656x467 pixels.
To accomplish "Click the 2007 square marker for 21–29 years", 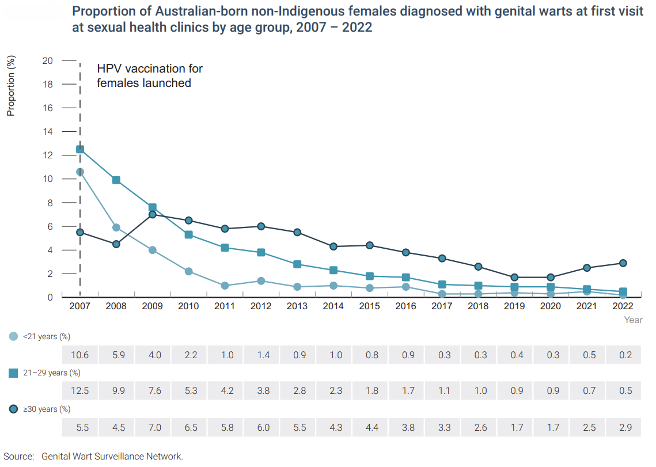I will [80, 149].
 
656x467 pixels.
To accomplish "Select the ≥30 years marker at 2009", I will [153, 214].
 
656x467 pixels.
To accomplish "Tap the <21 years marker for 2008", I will [116, 227].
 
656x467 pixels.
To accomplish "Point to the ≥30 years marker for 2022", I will [623, 263].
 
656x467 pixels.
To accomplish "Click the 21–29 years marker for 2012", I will [261, 252].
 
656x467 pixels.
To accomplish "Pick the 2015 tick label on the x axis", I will [369, 306].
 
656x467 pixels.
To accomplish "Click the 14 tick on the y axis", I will [48, 132].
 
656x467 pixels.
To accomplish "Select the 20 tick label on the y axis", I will [48, 60].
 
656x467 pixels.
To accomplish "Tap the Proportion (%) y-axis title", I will [11, 85].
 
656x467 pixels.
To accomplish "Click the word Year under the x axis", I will [633, 320].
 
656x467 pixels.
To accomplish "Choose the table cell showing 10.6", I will [80, 355].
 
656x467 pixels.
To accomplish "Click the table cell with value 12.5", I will [80, 391].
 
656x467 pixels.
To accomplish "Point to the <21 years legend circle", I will [14, 336].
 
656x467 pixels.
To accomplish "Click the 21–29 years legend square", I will [14, 373].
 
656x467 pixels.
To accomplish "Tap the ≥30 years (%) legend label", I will [47, 409].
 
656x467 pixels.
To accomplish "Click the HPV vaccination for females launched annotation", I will [150, 75].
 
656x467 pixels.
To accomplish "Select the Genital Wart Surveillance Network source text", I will [112, 457].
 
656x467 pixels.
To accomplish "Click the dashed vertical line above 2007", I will [80, 104].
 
